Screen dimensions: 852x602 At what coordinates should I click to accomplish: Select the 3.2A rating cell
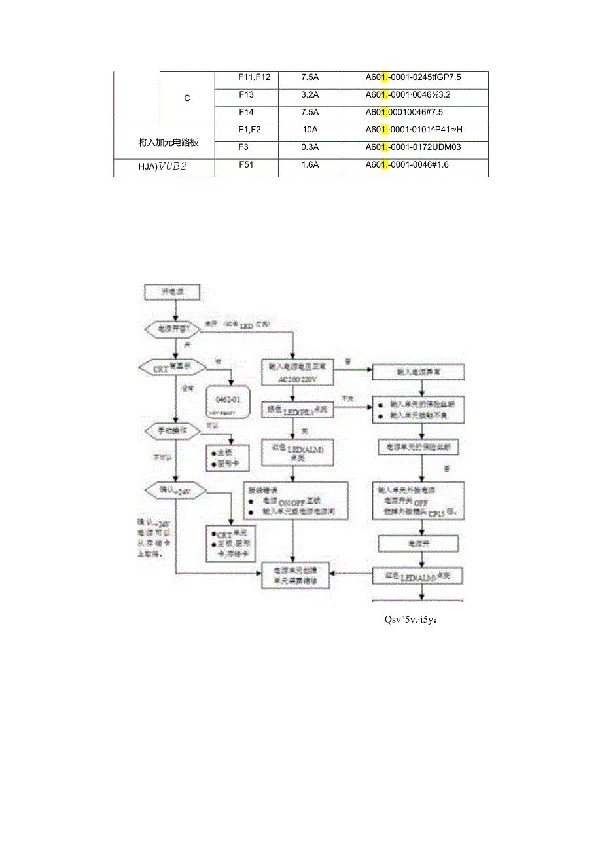(310, 94)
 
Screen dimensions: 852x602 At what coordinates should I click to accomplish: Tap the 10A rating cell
(310, 130)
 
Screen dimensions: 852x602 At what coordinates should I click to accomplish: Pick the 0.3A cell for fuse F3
(310, 147)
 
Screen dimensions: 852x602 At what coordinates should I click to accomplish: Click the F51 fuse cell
(246, 165)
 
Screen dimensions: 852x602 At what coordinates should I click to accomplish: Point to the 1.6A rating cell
(310, 165)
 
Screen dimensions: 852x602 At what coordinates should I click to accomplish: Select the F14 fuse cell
(246, 112)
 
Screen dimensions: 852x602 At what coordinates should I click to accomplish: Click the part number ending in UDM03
(414, 147)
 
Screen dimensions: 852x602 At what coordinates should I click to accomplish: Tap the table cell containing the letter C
(187, 98)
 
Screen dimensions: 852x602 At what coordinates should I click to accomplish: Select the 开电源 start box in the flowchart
(171, 292)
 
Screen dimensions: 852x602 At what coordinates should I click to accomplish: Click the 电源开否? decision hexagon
(171, 329)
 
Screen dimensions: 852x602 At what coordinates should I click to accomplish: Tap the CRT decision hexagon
(170, 367)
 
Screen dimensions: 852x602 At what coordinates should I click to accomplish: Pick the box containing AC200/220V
(297, 373)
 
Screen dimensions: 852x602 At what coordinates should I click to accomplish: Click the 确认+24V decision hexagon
(171, 490)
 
